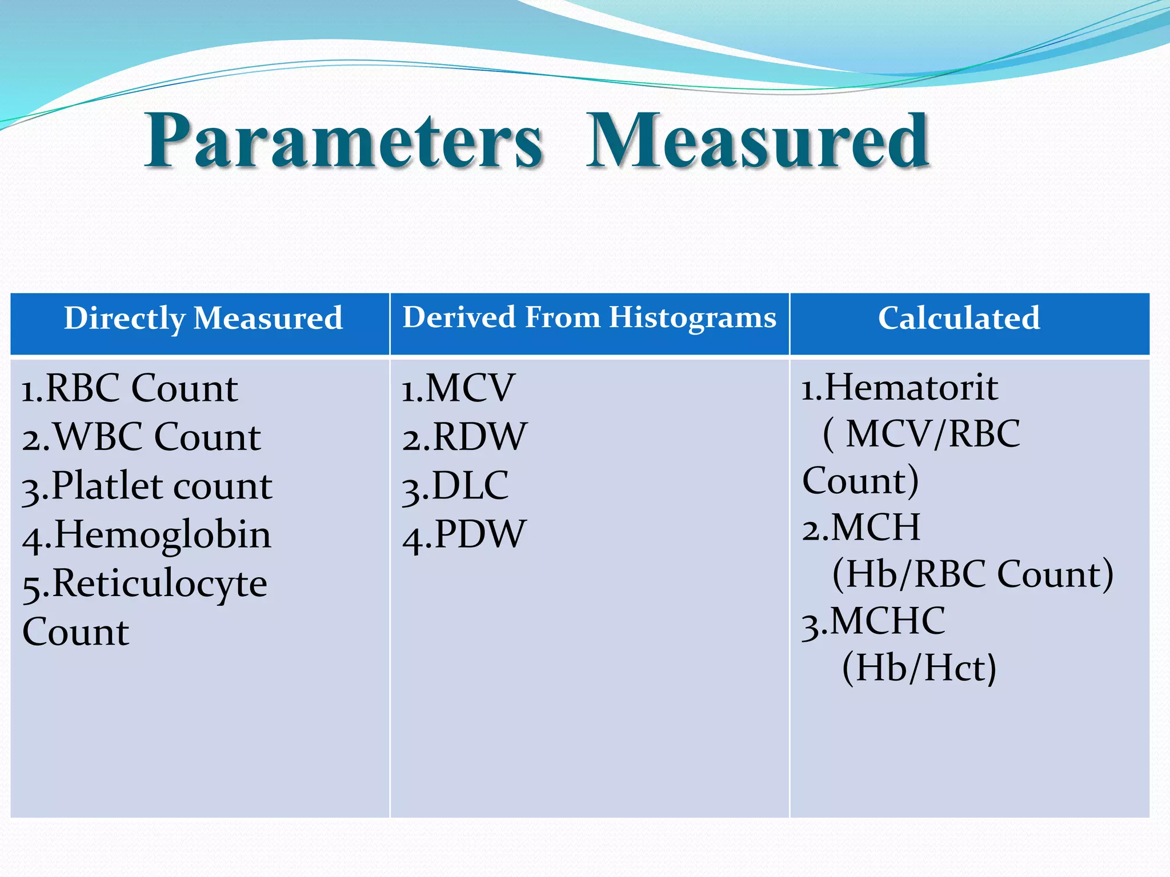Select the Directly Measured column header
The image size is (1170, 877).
[x=203, y=318]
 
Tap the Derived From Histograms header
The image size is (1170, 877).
[x=589, y=317]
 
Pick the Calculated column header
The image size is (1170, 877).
[x=959, y=318]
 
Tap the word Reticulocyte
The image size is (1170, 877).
[x=159, y=584]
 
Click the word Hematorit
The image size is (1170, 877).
[x=911, y=387]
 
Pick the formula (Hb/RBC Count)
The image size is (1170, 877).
[x=972, y=574]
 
